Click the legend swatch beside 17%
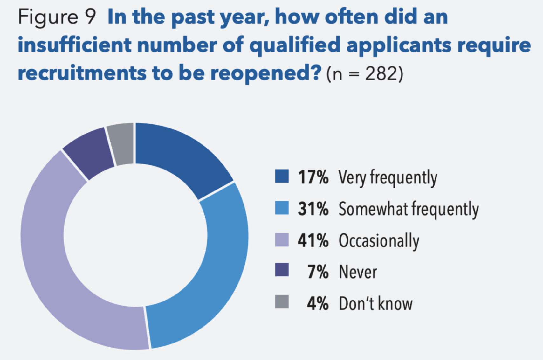point(282,177)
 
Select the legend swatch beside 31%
point(282,208)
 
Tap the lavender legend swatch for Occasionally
point(282,240)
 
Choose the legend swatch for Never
point(282,270)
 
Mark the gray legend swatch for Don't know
point(282,302)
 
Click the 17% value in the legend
point(313,177)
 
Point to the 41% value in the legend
point(313,240)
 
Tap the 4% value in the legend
point(317,303)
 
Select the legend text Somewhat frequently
point(409,209)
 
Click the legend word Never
point(358,272)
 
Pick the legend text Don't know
point(375,303)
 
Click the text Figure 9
point(57,17)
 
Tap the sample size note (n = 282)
point(365,74)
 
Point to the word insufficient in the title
point(74,45)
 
